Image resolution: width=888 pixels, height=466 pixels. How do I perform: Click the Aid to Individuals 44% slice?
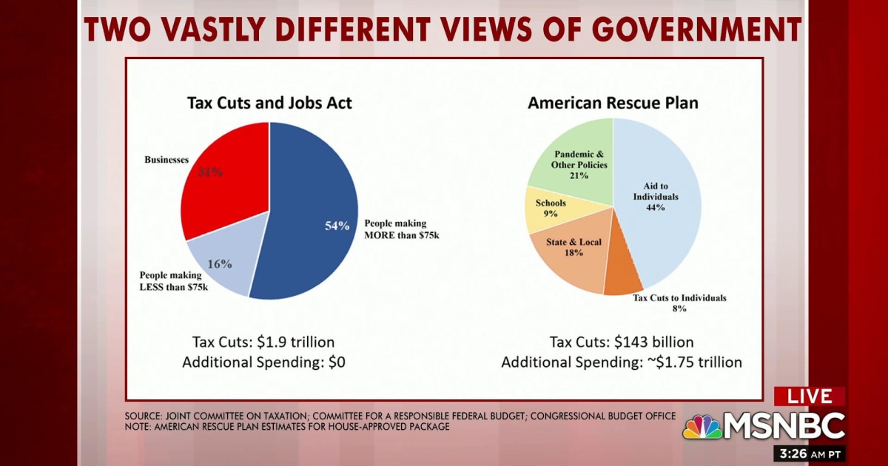(x=655, y=200)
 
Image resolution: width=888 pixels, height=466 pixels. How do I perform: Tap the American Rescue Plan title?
(x=613, y=103)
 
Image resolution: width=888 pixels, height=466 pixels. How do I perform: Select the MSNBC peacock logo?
(x=702, y=427)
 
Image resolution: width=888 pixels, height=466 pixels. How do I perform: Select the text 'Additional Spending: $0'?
(x=263, y=362)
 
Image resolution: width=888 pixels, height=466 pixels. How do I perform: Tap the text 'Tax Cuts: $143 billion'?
(x=622, y=342)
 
